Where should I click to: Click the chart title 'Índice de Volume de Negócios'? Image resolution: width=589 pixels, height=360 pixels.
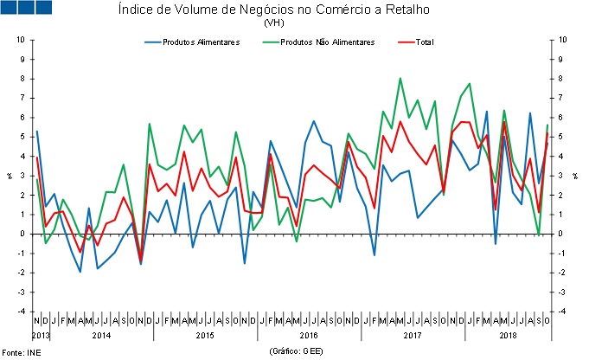[x=273, y=10]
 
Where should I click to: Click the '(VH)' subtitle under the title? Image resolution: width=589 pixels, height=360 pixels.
[x=274, y=23]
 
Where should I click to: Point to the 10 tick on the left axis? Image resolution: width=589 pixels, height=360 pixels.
[x=19, y=40]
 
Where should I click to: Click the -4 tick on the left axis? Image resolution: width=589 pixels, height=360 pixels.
[x=20, y=311]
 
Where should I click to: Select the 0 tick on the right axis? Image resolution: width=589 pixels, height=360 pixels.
[x=563, y=234]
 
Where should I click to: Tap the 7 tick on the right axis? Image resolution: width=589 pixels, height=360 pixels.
[x=563, y=98]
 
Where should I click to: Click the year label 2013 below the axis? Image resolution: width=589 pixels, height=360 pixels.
[x=42, y=334]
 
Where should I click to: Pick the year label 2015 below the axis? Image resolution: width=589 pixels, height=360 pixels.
[x=205, y=334]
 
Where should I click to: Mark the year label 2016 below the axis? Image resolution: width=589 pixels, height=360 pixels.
[x=309, y=334]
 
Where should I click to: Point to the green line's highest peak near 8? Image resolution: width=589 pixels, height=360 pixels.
[x=400, y=79]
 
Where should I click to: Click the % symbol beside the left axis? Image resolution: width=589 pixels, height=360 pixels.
[x=9, y=175]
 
